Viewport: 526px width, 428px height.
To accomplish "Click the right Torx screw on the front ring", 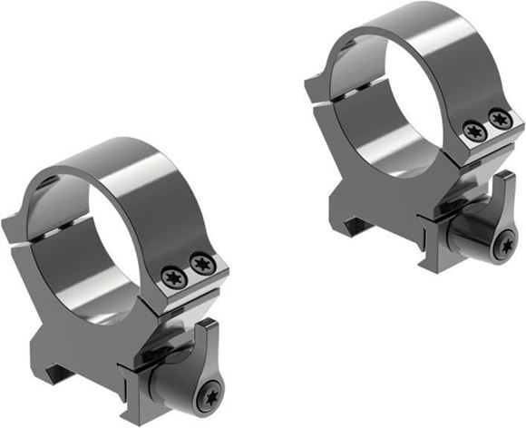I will [x=201, y=264].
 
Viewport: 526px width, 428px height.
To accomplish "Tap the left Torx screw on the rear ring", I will [x=472, y=131].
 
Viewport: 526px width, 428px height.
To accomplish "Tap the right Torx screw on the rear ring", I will [x=498, y=120].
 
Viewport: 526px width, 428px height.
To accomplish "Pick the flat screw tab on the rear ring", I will [x=485, y=136].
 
